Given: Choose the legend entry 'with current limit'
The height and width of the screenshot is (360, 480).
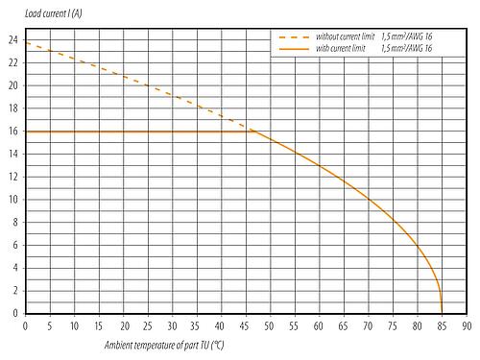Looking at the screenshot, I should tap(329, 46).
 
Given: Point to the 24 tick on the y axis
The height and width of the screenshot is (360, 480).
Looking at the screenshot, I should tap(13, 39).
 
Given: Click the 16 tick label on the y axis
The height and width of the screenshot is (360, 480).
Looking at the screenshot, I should tap(13, 131).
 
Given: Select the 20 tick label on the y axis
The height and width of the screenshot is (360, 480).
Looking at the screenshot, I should tap(13, 84).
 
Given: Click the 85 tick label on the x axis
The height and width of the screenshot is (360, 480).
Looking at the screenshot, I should tap(442, 325).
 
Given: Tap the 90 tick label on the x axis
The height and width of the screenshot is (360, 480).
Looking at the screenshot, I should tap(467, 325).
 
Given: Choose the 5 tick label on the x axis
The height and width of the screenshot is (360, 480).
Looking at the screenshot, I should tap(49, 325).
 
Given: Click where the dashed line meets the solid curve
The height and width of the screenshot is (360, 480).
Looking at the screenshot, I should tap(254, 131).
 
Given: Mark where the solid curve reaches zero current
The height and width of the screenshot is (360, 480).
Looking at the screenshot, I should tap(442, 313).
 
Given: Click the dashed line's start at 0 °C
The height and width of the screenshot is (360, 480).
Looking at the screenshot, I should tap(25, 43).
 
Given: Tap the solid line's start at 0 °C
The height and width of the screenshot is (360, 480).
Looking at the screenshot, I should tap(25, 131).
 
